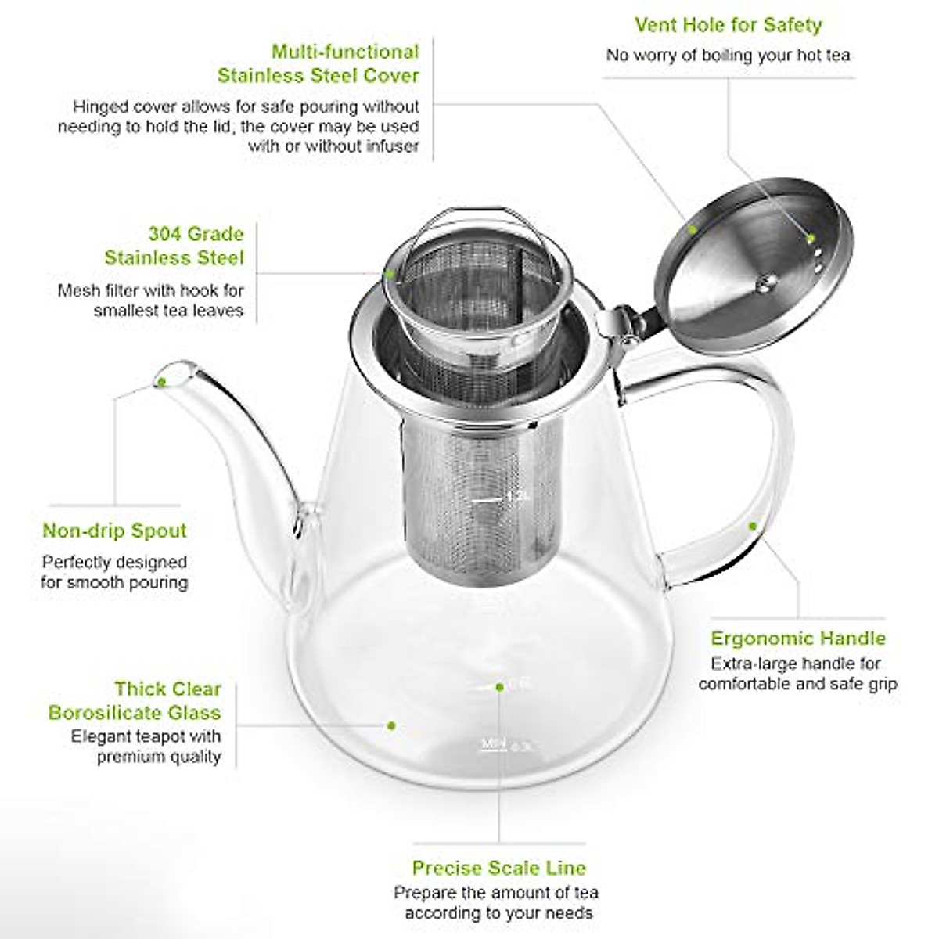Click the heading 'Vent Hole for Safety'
pos(728,25)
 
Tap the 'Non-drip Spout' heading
pos(115,531)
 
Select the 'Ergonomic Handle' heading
pos(797,639)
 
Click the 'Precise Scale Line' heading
pos(498,868)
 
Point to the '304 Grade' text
pos(196,234)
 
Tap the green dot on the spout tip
pos(162,383)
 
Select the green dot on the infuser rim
pos(389,275)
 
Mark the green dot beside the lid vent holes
pos(811,237)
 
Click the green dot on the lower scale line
pos(499,687)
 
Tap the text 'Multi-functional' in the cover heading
pos(345,52)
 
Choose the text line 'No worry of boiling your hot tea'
pos(728,56)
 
